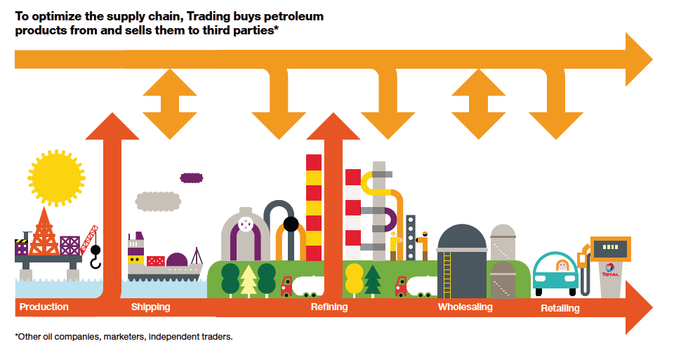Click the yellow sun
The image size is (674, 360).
click(x=57, y=178)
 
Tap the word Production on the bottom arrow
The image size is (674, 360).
click(x=44, y=307)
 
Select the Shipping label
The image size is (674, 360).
click(x=150, y=307)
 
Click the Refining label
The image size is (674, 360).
click(x=329, y=307)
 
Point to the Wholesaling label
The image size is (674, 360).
click(x=465, y=307)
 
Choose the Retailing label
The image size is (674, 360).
click(x=560, y=308)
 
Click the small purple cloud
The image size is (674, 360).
click(x=191, y=178)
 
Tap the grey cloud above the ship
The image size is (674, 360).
click(x=158, y=201)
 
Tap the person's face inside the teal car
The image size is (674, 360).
click(x=562, y=266)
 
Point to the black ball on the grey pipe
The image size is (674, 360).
click(x=291, y=225)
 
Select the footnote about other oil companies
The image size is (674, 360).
click(x=124, y=337)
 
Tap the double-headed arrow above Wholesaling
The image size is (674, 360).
click(x=478, y=104)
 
